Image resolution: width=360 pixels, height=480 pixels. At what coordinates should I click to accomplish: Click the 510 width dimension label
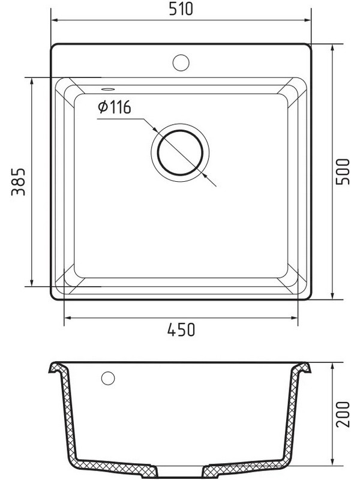click(x=181, y=9)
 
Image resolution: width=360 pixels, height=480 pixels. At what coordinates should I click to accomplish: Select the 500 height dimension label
click(x=342, y=172)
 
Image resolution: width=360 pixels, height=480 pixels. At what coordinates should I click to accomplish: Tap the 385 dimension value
click(x=19, y=182)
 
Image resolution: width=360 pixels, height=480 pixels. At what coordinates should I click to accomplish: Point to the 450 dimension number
click(x=181, y=329)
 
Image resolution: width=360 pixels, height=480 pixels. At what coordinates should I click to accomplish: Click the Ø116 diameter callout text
click(x=115, y=107)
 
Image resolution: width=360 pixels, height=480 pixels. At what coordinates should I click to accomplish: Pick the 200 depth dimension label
click(x=343, y=414)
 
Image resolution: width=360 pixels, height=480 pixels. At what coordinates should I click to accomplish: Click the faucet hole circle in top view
click(x=181, y=63)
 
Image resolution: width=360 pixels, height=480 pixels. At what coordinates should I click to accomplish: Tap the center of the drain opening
click(x=180, y=152)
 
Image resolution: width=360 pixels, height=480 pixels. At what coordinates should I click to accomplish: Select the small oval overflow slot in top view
click(x=108, y=89)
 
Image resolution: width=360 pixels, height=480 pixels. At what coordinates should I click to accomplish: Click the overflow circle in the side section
click(x=108, y=378)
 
